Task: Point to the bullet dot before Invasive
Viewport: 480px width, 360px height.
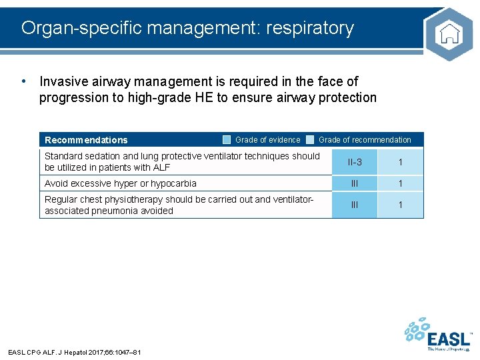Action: (x=24, y=81)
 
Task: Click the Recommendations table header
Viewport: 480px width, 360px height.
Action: (x=86, y=140)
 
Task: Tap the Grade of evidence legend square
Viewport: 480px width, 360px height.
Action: (x=227, y=139)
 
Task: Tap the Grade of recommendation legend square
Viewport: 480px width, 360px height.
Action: (x=310, y=139)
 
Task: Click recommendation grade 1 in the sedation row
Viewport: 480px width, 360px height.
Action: (x=400, y=162)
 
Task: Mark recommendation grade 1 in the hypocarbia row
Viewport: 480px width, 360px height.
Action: (x=400, y=183)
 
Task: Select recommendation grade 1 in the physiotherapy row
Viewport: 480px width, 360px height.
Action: (x=400, y=205)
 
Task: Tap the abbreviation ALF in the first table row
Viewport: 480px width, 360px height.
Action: (x=161, y=167)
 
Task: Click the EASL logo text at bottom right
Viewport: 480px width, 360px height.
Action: (x=449, y=337)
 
